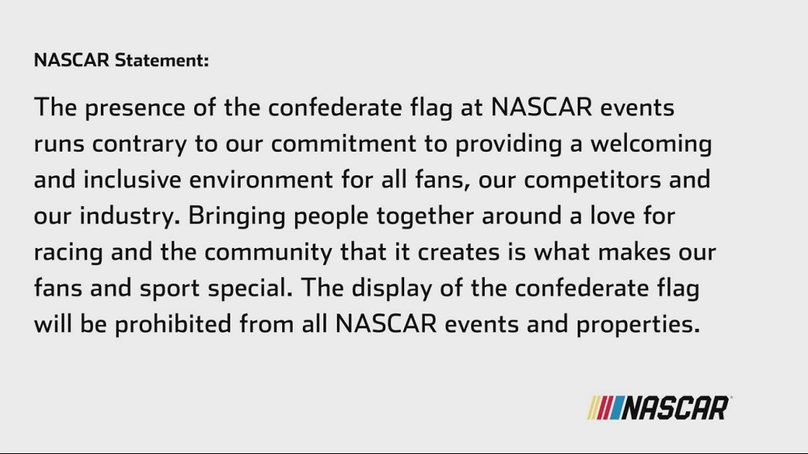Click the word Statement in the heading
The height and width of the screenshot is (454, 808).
[x=162, y=61]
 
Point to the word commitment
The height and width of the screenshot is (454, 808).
[x=343, y=143]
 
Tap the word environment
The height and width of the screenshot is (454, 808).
[x=261, y=180]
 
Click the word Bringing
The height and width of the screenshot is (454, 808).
[x=237, y=216]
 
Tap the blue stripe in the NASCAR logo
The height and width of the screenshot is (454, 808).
[x=617, y=408]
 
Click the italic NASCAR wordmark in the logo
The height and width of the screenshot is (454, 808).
[x=675, y=408]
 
